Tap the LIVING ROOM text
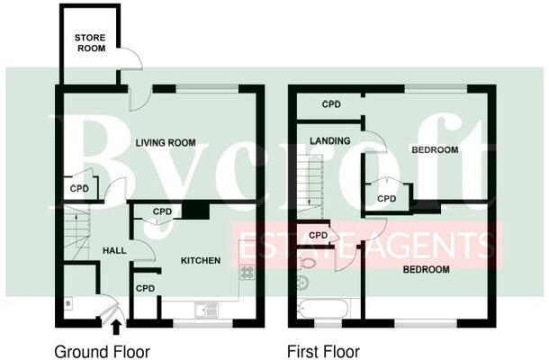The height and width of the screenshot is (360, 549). [166, 142]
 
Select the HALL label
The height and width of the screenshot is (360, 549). [114, 250]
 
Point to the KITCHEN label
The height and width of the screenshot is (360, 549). [201, 261]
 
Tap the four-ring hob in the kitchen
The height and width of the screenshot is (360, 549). [246, 272]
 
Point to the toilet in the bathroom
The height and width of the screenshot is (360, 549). [306, 262]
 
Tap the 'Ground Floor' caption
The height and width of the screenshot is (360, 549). [102, 351]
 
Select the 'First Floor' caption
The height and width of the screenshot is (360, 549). [323, 351]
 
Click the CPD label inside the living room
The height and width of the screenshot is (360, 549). [79, 189]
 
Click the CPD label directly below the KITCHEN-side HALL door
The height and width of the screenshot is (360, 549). [144, 288]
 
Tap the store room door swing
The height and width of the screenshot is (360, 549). [131, 58]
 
